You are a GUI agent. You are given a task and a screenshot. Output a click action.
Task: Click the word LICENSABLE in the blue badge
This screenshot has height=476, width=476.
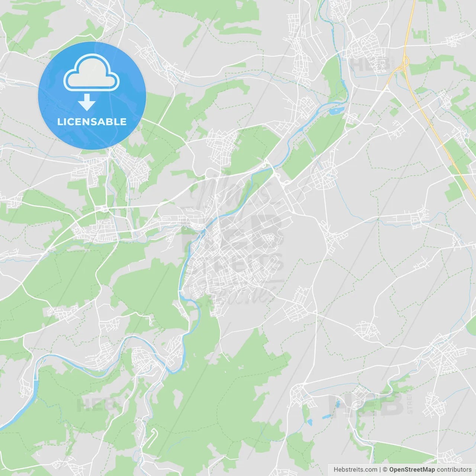click(92, 122)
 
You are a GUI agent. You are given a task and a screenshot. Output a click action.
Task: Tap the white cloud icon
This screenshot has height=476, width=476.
click(91, 73)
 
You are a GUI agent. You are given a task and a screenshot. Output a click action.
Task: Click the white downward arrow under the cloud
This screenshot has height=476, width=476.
click(87, 102)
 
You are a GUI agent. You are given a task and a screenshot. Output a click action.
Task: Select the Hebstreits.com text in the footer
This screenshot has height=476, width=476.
click(355, 470)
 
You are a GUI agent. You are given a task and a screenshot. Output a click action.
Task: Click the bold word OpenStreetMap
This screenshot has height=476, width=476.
click(412, 470)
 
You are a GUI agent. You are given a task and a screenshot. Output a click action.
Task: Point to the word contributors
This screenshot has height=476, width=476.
click(454, 470)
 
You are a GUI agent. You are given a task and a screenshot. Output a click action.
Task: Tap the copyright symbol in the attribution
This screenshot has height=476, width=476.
click(385, 470)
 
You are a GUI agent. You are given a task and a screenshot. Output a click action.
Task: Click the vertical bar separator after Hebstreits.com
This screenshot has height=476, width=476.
click(380, 470)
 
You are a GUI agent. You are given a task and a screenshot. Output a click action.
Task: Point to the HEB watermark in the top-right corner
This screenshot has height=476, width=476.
click(368, 64)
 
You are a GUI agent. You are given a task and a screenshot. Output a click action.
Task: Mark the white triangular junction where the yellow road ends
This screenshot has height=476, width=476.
click(387, 87)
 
